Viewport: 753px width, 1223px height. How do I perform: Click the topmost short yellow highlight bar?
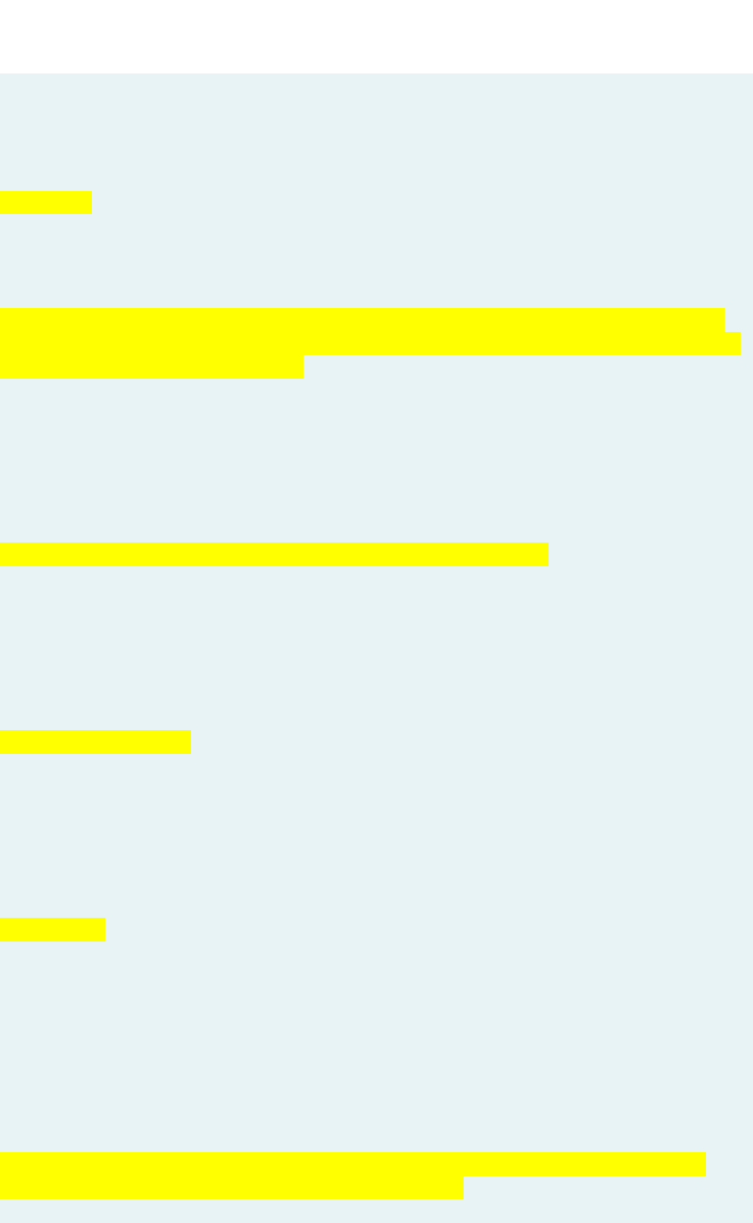pyautogui.click(x=46, y=202)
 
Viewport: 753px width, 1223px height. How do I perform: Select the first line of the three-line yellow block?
pyautogui.click(x=362, y=319)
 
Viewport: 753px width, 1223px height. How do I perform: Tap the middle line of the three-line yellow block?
pyautogui.click(x=370, y=343)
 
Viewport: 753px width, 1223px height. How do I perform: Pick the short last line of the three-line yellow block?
pyautogui.click(x=151, y=366)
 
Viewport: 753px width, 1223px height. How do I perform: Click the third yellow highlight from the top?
pyautogui.click(x=273, y=554)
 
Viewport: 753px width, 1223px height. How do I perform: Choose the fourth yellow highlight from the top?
pyautogui.click(x=95, y=742)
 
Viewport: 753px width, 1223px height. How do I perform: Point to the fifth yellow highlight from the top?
pyautogui.click(x=52, y=929)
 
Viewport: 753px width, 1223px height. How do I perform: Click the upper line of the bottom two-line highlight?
pyautogui.click(x=352, y=1164)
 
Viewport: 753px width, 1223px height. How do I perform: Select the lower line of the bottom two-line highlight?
pyautogui.click(x=231, y=1188)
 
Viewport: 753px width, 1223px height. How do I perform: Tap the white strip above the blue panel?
pyautogui.click(x=376, y=35)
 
